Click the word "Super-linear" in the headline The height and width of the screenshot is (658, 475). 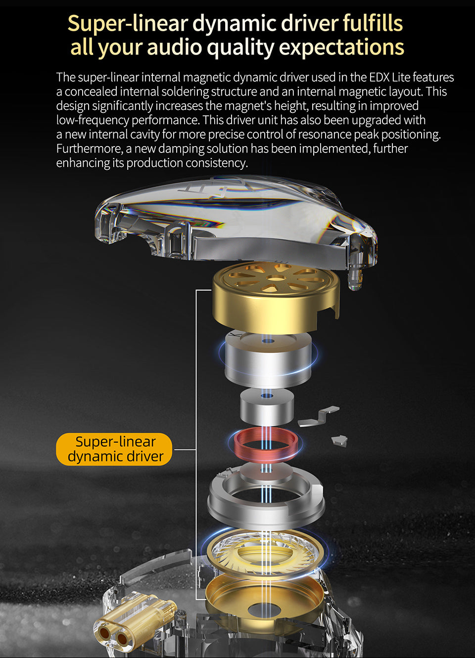tap(128, 23)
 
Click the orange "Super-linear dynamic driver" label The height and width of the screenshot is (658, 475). tap(114, 449)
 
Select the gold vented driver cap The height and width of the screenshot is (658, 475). tap(276, 297)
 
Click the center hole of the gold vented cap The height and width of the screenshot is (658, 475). tap(276, 277)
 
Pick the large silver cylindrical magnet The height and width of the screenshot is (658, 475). tap(268, 359)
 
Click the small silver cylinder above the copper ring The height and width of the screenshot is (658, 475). tap(267, 407)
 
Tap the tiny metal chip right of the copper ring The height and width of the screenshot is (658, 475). tap(339, 440)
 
